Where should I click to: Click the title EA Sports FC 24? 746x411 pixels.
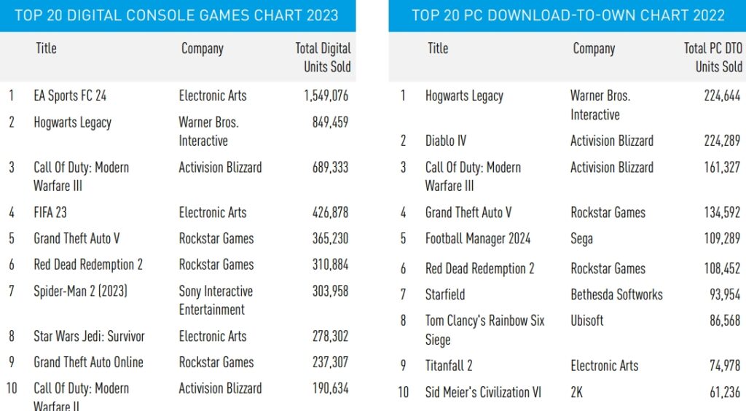pyautogui.click(x=70, y=95)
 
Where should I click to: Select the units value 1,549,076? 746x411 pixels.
pyautogui.click(x=326, y=95)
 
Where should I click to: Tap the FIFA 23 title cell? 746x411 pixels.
pyautogui.click(x=50, y=213)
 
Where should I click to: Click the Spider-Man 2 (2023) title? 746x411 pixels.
pyautogui.click(x=80, y=291)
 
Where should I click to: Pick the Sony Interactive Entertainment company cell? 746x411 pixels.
pyautogui.click(x=216, y=300)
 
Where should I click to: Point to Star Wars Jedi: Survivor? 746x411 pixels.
pyautogui.click(x=89, y=336)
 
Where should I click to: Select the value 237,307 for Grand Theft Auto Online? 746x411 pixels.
pyautogui.click(x=330, y=362)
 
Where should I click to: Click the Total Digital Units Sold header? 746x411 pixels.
pyautogui.click(x=323, y=58)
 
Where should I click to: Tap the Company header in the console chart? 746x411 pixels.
pyautogui.click(x=202, y=49)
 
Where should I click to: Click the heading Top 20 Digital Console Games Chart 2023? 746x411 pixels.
pyautogui.click(x=176, y=15)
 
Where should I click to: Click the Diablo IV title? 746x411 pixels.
pyautogui.click(x=445, y=141)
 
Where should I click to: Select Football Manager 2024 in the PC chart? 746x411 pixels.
pyautogui.click(x=478, y=238)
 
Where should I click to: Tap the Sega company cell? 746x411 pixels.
pyautogui.click(x=581, y=238)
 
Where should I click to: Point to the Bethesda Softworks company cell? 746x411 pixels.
pyautogui.click(x=616, y=294)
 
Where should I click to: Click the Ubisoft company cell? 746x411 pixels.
pyautogui.click(x=586, y=320)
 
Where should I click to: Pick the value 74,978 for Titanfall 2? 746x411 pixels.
pyautogui.click(x=724, y=366)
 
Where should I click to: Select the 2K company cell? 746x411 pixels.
pyautogui.click(x=576, y=392)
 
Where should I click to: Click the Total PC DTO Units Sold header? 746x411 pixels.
pyautogui.click(x=712, y=58)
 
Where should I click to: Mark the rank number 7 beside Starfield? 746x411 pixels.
pyautogui.click(x=403, y=294)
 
